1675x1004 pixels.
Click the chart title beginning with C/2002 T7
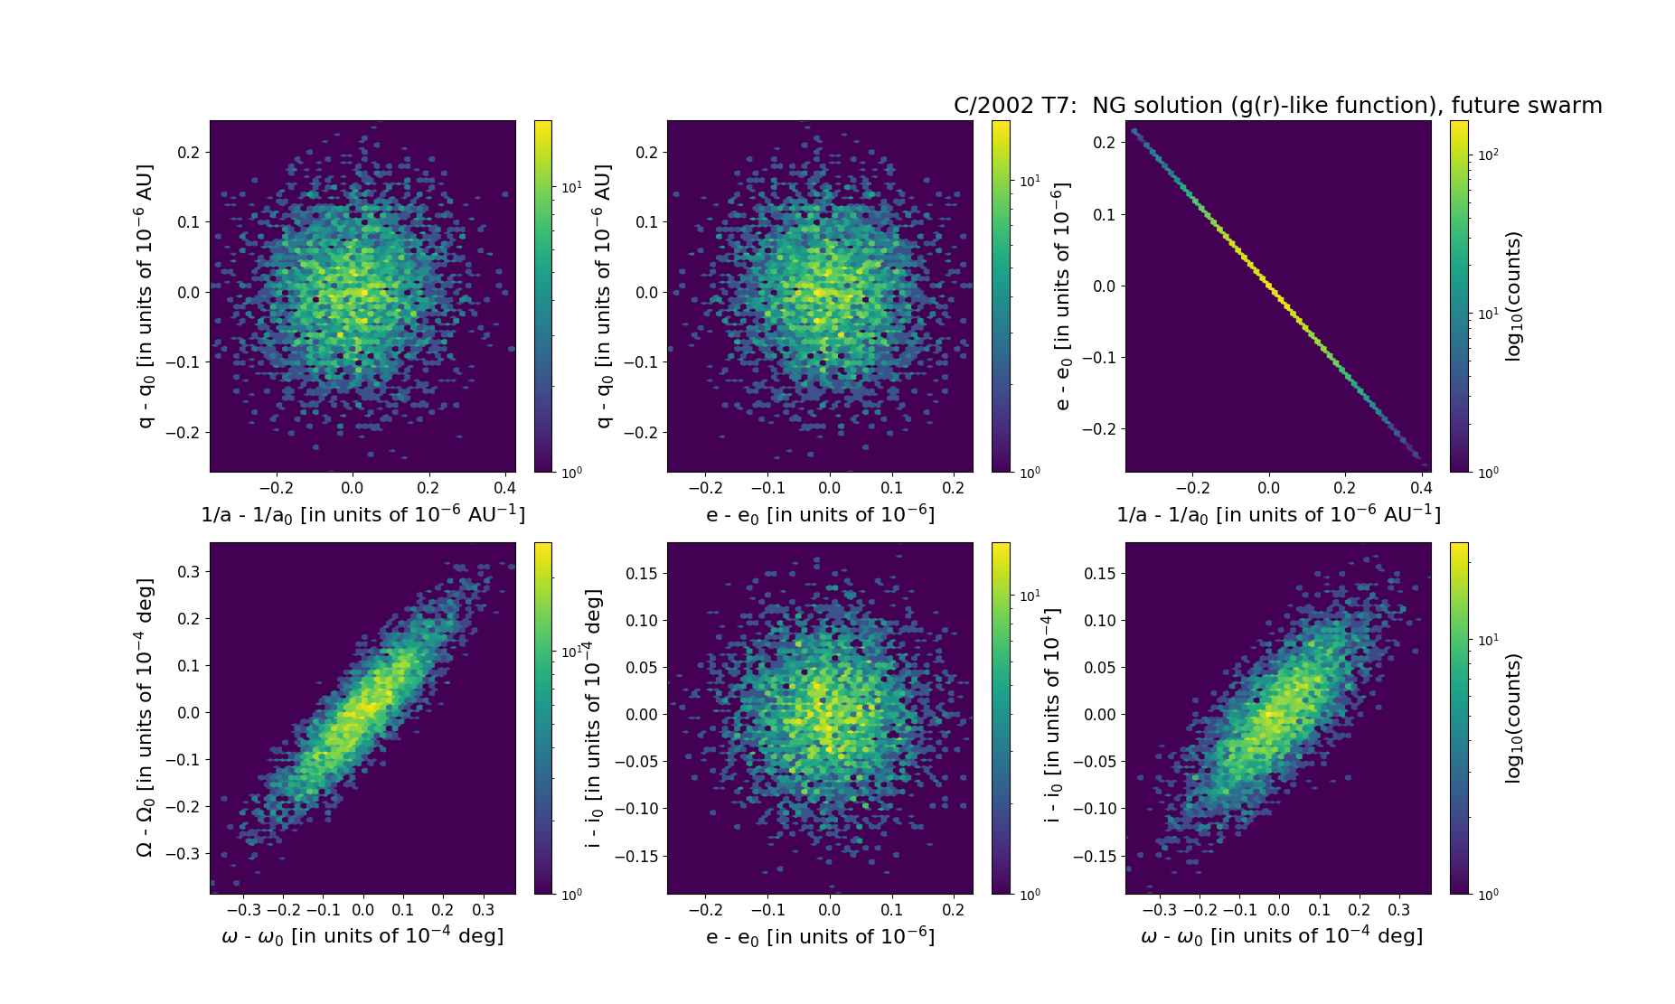point(1277,106)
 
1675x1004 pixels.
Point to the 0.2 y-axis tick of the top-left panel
point(188,152)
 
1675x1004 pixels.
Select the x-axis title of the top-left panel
point(362,514)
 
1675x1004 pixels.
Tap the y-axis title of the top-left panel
point(145,296)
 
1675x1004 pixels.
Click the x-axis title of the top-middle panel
point(820,514)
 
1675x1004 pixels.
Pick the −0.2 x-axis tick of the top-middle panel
point(705,488)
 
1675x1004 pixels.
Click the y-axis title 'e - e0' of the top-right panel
point(1062,296)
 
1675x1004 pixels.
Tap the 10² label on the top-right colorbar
point(1486,155)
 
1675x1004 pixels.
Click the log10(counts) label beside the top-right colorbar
point(1513,296)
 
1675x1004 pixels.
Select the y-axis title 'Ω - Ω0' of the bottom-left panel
point(145,718)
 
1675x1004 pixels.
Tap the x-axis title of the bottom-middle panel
point(820,936)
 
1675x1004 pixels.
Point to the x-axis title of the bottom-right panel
point(1282,936)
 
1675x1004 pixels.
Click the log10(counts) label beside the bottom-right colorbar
point(1513,718)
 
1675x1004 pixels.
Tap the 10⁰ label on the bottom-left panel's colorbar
point(571,894)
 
